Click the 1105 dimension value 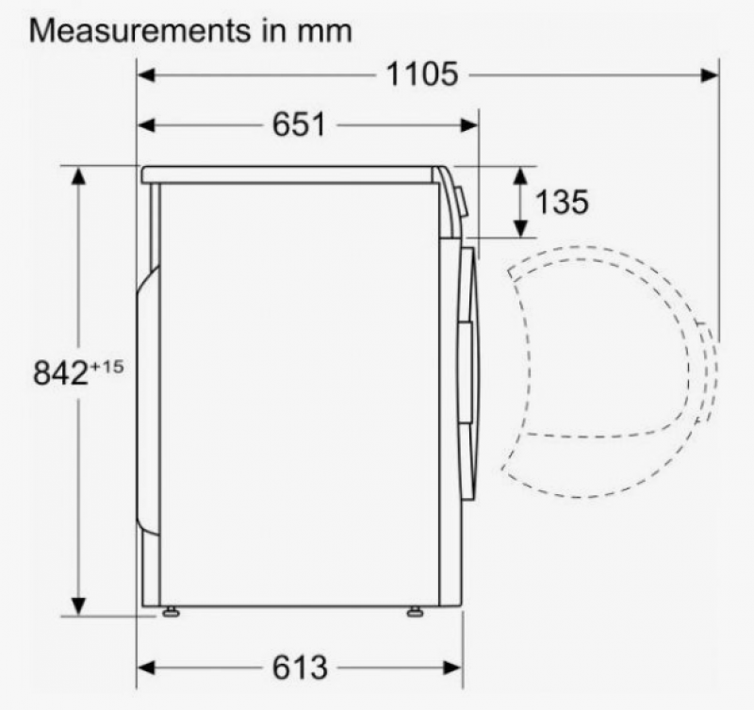(422, 74)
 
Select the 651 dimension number (299, 124)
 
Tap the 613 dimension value (300, 668)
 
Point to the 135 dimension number (562, 202)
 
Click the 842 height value (60, 372)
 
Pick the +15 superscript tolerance (107, 367)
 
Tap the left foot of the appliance (171, 612)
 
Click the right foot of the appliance (415, 612)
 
